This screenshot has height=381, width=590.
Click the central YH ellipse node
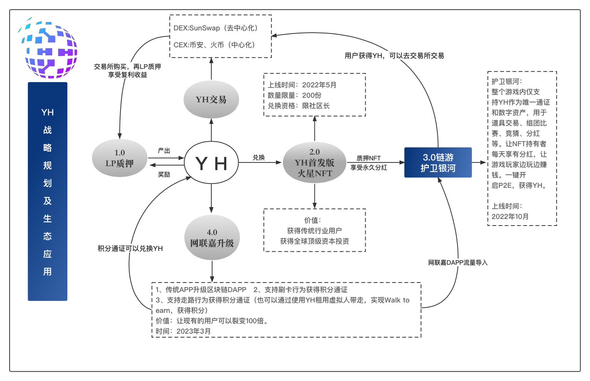tap(211, 163)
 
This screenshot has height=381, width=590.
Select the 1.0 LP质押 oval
tap(120, 158)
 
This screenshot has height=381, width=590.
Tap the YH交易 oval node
tap(211, 100)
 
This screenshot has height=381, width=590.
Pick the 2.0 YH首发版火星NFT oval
tap(314, 163)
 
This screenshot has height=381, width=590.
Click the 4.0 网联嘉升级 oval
tap(212, 238)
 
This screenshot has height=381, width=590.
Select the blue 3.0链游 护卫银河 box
tap(438, 162)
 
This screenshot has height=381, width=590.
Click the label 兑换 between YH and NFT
tap(259, 157)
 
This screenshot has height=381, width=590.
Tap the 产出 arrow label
tap(164, 150)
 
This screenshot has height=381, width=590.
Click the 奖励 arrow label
tap(164, 174)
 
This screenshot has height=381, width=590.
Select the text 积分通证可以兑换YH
tap(130, 249)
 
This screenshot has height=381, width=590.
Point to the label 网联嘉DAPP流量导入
tap(458, 262)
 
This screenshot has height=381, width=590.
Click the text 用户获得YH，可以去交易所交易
tap(394, 56)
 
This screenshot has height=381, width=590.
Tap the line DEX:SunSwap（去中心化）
tap(216, 28)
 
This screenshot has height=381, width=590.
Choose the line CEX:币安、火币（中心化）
tap(215, 45)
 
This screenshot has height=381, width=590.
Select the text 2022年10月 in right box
tap(510, 216)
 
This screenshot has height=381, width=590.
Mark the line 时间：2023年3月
tap(183, 331)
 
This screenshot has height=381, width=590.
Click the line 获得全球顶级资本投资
tap(314, 241)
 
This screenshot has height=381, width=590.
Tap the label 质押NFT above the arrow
tap(368, 158)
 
